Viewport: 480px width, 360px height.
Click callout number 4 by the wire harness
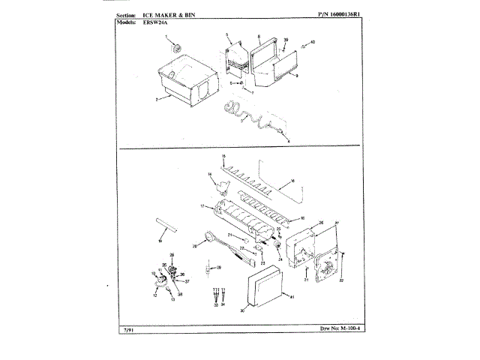click(288, 139)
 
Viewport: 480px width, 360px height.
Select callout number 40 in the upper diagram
click(313, 41)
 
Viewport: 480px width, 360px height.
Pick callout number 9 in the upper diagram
click(298, 76)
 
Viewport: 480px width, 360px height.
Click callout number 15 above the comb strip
click(223, 155)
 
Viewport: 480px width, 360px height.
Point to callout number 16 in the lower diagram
click(293, 180)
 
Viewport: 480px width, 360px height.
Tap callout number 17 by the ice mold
click(202, 205)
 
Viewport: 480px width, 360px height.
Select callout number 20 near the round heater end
click(195, 245)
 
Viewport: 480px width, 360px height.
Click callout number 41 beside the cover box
click(292, 298)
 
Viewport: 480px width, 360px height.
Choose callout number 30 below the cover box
click(241, 310)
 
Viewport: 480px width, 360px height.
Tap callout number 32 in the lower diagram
click(340, 280)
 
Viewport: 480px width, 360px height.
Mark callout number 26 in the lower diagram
click(321, 223)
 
